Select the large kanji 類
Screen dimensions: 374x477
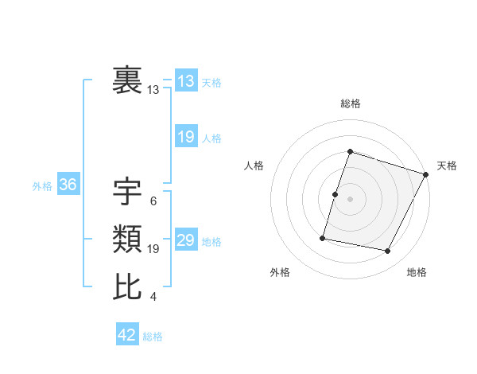point(128,239)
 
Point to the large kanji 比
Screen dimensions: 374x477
point(128,286)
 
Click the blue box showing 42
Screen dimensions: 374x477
point(127,335)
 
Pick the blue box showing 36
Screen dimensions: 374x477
point(68,185)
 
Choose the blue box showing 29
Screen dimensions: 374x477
point(186,241)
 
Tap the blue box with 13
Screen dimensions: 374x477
point(186,81)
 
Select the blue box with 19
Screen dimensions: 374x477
point(186,137)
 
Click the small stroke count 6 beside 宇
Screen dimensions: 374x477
point(153,201)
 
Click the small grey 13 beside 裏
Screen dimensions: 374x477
point(153,91)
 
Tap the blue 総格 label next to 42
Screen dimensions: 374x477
point(153,337)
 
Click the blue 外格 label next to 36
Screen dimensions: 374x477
point(42,186)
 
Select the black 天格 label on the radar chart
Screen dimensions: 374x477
point(447,166)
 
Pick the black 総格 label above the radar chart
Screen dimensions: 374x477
point(350,103)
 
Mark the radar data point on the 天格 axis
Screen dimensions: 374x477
point(426,174)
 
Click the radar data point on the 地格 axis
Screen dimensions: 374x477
point(388,251)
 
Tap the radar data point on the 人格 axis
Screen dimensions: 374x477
point(335,194)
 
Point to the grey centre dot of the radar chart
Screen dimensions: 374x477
point(350,199)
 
